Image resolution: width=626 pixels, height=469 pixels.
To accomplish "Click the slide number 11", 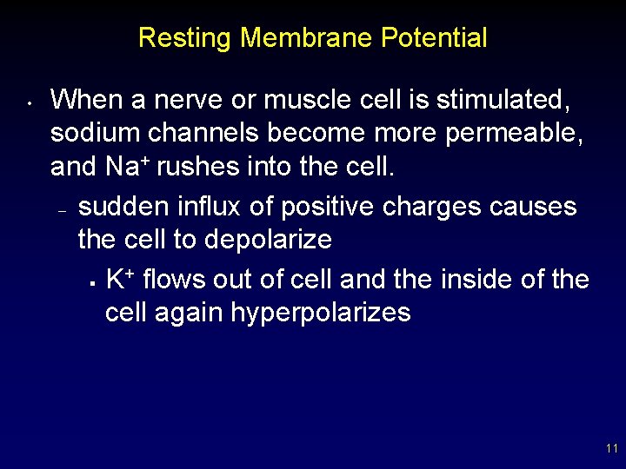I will point(611,449).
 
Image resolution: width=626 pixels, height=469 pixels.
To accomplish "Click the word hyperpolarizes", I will point(320,312).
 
